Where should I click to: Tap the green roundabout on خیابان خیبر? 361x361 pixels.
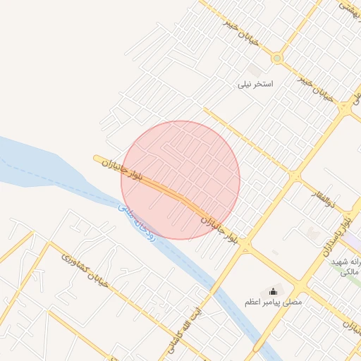point(277,59)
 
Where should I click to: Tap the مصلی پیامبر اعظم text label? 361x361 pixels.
point(273,302)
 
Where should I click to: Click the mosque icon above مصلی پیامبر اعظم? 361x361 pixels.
point(274,291)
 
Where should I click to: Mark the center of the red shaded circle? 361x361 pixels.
point(180,180)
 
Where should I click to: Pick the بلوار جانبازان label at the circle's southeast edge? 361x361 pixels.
point(225,231)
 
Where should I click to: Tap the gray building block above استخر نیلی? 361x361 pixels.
point(255,71)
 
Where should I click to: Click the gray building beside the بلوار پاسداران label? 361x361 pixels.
point(312,232)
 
